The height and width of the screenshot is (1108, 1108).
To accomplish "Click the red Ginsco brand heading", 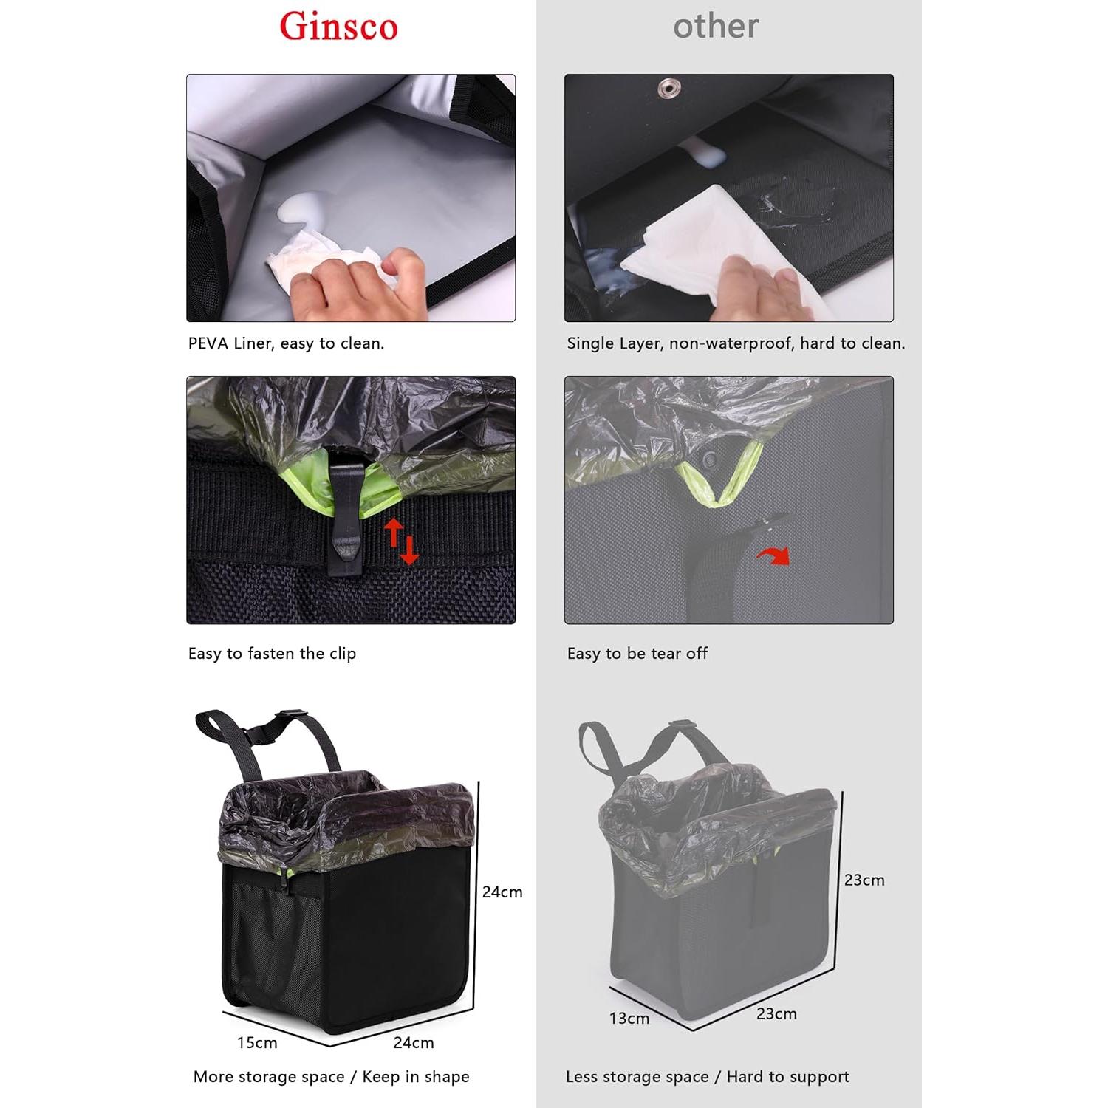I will click(338, 27).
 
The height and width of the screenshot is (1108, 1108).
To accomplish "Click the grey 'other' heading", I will click(715, 27).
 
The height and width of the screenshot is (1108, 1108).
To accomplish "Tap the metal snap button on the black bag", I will click(669, 89).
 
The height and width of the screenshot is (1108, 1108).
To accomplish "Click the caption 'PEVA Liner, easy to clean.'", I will click(286, 343).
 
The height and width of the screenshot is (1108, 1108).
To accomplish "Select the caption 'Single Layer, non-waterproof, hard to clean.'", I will click(736, 343).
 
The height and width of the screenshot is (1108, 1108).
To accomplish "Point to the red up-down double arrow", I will click(400, 541).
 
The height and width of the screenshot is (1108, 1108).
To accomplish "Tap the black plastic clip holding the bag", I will click(345, 517).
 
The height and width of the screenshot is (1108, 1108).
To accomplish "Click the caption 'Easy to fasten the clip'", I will click(272, 654).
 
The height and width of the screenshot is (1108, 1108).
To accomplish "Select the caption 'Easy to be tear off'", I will click(637, 654).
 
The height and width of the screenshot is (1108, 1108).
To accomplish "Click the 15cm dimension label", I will click(257, 1043).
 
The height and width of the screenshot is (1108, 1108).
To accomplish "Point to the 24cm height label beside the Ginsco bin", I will click(502, 892).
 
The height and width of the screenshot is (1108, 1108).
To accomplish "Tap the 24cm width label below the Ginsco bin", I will click(414, 1043).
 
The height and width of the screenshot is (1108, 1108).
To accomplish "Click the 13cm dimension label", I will click(629, 1019).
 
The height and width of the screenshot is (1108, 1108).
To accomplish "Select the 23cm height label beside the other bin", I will click(864, 880).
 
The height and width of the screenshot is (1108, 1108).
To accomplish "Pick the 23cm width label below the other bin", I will click(776, 1014).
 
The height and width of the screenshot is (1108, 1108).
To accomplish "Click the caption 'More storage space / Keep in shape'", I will click(331, 1077).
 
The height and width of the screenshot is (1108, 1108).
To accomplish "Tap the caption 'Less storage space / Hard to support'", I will click(707, 1077).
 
